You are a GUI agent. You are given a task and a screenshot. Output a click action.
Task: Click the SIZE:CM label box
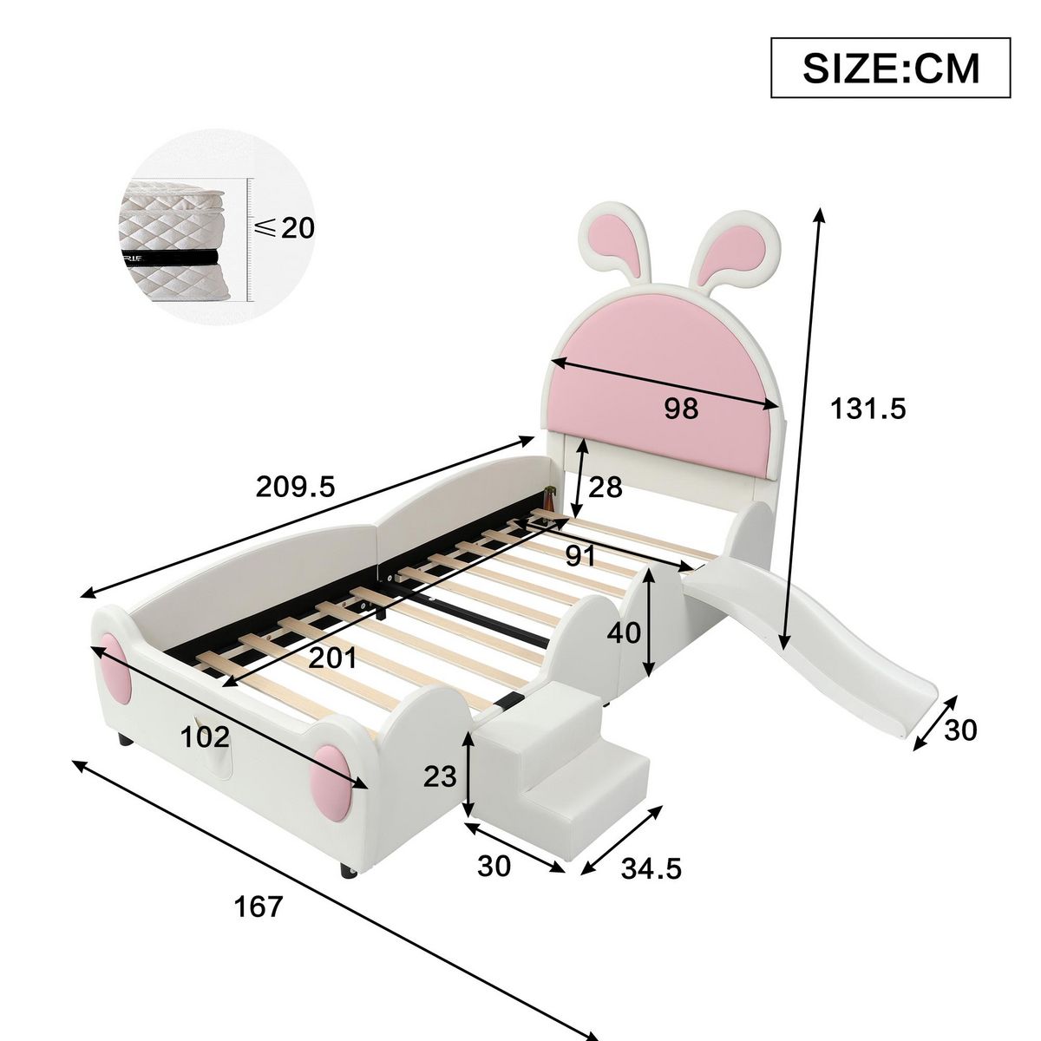pos(891,68)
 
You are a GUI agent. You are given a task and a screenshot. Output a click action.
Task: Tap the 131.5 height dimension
pos(868,408)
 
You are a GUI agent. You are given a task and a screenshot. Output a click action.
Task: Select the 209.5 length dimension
pos(295,487)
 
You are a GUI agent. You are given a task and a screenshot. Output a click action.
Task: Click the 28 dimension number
pos(605,488)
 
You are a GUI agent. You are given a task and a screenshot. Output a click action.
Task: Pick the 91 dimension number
pos(580,556)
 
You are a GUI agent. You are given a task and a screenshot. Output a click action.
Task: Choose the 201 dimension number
pos(333,658)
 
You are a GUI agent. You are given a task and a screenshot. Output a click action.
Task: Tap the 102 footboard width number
pos(205,737)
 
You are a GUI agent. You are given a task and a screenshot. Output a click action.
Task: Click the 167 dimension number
pos(259,907)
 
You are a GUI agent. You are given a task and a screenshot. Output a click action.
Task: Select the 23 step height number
pos(440,776)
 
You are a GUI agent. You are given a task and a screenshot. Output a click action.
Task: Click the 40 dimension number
pos(623,633)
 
